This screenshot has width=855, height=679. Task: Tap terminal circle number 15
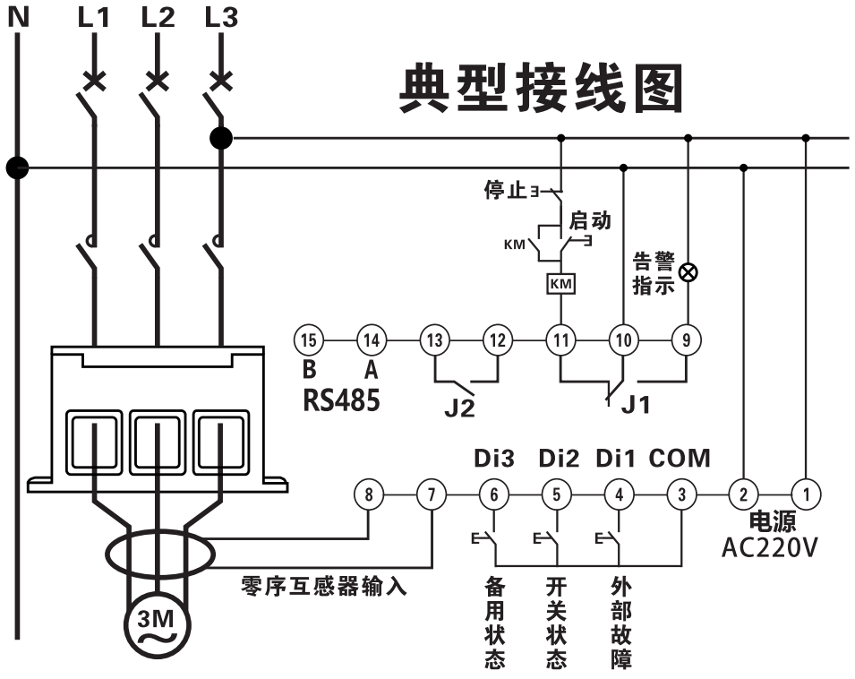point(308,340)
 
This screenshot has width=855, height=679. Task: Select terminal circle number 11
point(560,340)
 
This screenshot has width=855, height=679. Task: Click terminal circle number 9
point(687,340)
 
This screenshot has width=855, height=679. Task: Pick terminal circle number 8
point(369,494)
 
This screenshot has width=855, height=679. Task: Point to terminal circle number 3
point(681,494)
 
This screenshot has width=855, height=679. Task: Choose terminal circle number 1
point(807,494)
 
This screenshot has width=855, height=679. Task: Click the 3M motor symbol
point(156,623)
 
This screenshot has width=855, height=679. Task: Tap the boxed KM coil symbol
point(560,284)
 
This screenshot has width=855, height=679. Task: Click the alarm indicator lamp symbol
point(688,272)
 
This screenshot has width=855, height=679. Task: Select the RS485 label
point(340,400)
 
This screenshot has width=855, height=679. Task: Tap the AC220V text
point(769,546)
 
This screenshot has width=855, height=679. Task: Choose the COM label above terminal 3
point(680,458)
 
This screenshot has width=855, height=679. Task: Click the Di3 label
point(493,458)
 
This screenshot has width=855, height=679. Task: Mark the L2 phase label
point(158,17)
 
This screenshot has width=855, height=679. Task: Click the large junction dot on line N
point(16,167)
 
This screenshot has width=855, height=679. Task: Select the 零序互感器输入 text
point(324,587)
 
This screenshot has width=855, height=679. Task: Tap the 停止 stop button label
point(504,191)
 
